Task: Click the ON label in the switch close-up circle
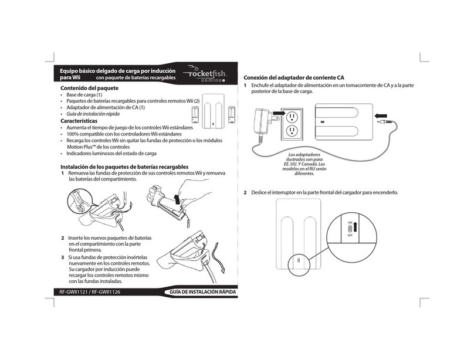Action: coord(349,223)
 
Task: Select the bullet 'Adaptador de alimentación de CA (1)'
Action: coord(105,108)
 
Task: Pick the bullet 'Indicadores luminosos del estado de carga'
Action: coord(111,154)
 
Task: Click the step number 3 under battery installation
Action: coord(63,257)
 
